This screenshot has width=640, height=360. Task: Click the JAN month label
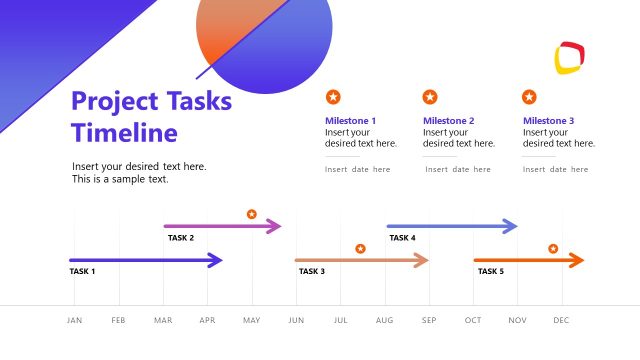point(75,320)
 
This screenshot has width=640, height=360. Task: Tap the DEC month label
point(561,320)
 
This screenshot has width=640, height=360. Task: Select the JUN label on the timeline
point(296,320)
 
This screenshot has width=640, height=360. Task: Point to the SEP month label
point(429,320)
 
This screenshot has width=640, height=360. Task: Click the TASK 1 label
point(82,271)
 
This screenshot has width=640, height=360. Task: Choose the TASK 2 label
point(181,238)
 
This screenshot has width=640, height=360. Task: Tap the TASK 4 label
point(402,238)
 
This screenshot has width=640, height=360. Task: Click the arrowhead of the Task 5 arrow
point(576,261)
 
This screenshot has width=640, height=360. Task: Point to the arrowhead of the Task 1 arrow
point(215,261)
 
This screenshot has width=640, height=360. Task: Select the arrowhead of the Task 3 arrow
point(422,261)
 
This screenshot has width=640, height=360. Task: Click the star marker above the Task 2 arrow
point(252,214)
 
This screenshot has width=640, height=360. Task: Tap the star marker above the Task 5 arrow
point(553,248)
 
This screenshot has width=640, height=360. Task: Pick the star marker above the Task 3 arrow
point(360,248)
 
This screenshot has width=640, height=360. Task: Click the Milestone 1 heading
point(350,121)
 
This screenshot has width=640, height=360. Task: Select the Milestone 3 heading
point(548,121)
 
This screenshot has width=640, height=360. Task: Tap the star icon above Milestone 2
point(430,97)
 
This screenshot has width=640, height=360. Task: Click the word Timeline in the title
point(125,133)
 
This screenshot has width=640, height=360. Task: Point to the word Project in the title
point(113,101)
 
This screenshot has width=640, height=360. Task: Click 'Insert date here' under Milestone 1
point(358,170)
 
